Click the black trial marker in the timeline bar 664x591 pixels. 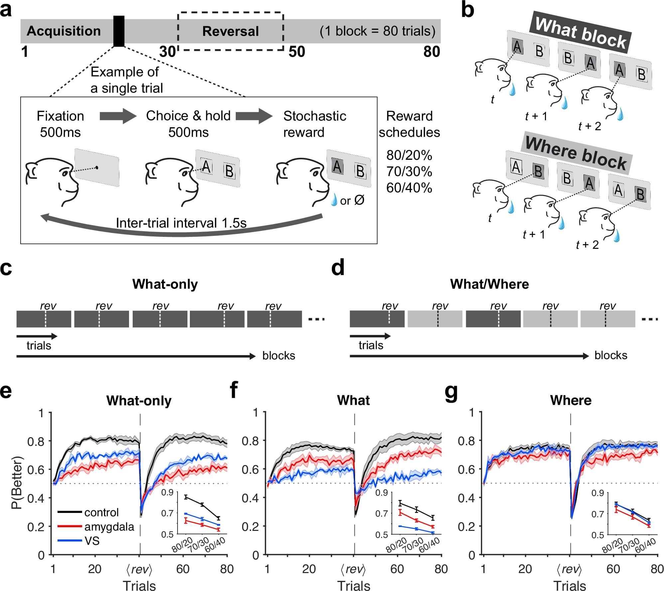[119, 31]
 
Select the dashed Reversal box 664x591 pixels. [230, 32]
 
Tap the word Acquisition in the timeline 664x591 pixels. [64, 31]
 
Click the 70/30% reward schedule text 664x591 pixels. [409, 172]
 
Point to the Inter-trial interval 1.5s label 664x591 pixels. [181, 223]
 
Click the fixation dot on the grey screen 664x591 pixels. [97, 167]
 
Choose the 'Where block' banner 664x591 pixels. [576, 153]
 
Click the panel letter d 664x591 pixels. [338, 268]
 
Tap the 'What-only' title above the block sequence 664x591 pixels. [165, 284]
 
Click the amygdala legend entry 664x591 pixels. [109, 527]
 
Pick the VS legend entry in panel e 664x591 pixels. [92, 541]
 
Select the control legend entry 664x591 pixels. [101, 512]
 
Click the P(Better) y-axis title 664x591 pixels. [17, 483]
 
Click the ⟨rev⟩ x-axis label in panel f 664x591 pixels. [353, 569]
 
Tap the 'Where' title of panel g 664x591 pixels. [571, 400]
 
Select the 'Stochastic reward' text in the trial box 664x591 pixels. [314, 124]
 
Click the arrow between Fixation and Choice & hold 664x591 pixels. [118, 116]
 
